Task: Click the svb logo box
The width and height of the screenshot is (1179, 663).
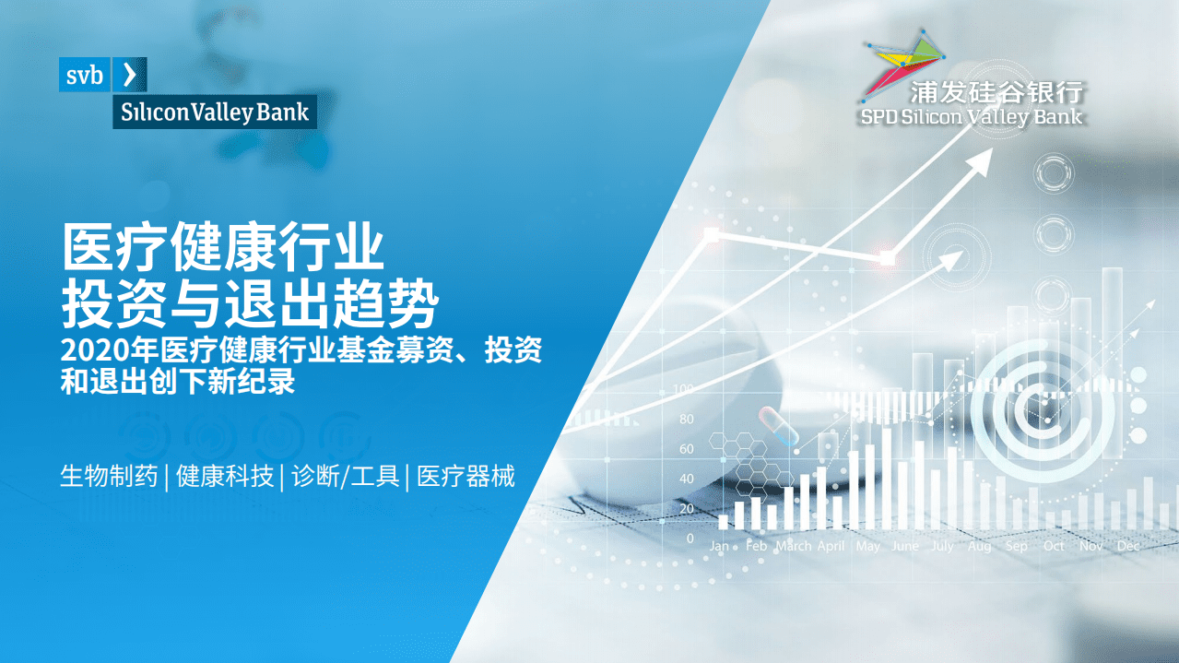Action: [x=85, y=75]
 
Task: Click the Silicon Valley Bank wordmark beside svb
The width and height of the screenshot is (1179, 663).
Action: [x=214, y=112]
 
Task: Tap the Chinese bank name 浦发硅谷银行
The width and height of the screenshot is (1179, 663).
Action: [x=996, y=92]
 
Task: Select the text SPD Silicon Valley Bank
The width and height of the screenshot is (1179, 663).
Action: [x=972, y=117]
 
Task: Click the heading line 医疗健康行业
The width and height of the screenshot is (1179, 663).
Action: [x=222, y=247]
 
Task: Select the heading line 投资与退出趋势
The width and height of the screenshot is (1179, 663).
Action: [x=248, y=303]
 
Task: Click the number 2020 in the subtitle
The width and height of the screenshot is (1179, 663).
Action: [x=86, y=351]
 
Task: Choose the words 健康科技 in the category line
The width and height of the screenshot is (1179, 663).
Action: [x=225, y=477]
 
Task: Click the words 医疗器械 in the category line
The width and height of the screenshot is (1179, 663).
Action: [x=466, y=477]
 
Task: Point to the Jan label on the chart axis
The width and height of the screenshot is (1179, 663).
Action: [x=719, y=546]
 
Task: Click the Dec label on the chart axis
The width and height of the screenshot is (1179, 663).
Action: [x=1128, y=546]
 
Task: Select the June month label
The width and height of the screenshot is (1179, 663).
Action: [x=905, y=546]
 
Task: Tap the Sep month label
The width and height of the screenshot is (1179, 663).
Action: [x=1017, y=546]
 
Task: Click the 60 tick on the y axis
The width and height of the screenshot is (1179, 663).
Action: [x=686, y=449]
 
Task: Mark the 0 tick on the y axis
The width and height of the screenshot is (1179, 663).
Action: [x=690, y=538]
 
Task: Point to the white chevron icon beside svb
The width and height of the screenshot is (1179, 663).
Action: [x=129, y=75]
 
